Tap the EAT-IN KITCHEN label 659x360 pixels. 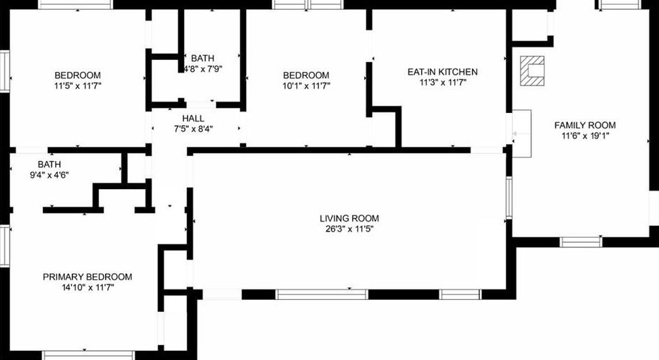(x=442, y=72)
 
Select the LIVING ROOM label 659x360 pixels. (x=349, y=218)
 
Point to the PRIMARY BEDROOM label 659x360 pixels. (x=87, y=277)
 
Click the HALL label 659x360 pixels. (x=193, y=118)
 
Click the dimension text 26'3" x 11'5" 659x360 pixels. (x=349, y=229)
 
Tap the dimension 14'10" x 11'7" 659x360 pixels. (x=87, y=287)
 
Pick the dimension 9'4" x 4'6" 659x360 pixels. (x=49, y=174)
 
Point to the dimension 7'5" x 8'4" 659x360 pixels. (x=193, y=128)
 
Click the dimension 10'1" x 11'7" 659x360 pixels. (x=306, y=85)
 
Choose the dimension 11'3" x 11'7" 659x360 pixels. (x=442, y=82)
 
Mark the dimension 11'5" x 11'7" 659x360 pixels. (x=78, y=85)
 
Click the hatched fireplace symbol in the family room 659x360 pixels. (x=532, y=71)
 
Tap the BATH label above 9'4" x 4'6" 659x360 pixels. (x=49, y=164)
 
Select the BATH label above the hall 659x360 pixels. (x=202, y=58)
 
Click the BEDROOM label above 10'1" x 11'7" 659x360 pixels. (x=306, y=76)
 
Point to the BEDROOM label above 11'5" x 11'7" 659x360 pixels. (x=78, y=76)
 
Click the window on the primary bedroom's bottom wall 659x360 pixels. (x=78, y=355)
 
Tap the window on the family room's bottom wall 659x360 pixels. (x=581, y=242)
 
